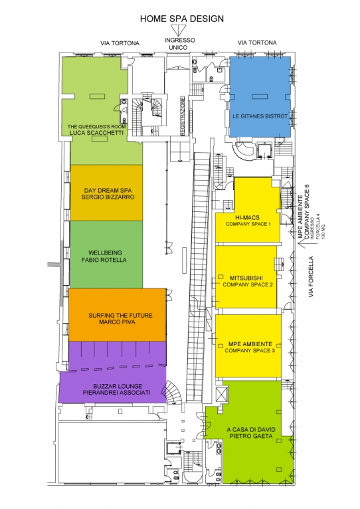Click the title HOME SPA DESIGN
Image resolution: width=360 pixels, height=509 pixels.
[x=182, y=19]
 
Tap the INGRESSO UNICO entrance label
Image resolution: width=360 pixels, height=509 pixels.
[x=179, y=44]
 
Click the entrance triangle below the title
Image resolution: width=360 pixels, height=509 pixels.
[x=178, y=31]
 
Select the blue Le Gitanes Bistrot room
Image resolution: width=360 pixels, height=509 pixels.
[x=260, y=98]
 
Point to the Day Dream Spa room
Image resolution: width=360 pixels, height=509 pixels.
[x=106, y=193]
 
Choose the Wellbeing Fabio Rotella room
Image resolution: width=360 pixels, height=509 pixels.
[x=106, y=255]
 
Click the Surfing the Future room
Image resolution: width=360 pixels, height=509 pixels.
[x=118, y=315]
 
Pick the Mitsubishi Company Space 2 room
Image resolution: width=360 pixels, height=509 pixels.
[x=246, y=277]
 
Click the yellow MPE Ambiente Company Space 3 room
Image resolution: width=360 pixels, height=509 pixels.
[x=248, y=346]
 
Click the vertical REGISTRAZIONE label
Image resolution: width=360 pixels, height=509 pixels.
[x=183, y=116]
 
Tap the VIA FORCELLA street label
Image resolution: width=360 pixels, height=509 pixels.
[x=311, y=277]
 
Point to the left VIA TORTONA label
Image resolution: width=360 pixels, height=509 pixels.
[x=120, y=43]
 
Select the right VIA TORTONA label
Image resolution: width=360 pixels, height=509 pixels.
[x=257, y=43]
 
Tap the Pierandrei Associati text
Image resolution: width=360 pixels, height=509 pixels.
[x=116, y=393]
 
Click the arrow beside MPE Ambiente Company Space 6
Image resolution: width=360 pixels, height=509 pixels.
[x=301, y=244]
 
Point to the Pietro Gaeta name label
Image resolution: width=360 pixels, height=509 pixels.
[x=251, y=436]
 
